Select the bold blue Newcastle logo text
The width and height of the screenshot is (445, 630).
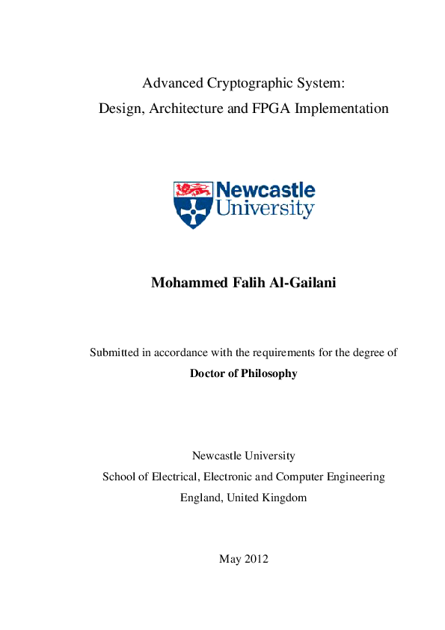coord(266,191)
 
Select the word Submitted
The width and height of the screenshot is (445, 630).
coord(114,352)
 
